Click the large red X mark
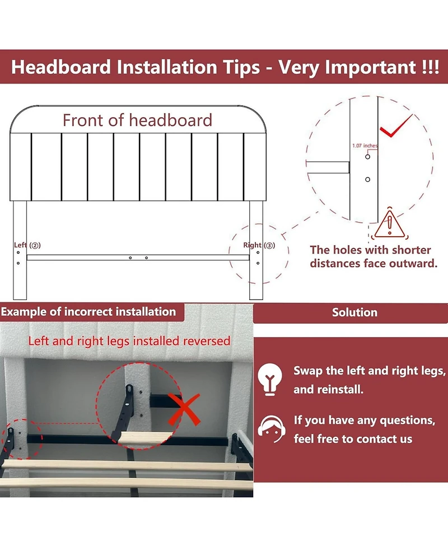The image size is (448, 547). coord(184,409)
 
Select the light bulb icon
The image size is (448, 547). coord(270,379)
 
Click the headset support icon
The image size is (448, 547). coord(271,429)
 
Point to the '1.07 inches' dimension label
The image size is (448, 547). coord(365,146)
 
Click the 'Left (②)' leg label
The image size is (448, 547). coord(27,245)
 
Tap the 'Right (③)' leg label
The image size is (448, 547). coord(259,245)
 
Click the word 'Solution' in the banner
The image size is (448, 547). coord(354,312)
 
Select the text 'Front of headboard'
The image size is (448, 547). coord(137,120)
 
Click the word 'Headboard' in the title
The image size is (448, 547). coord(61,67)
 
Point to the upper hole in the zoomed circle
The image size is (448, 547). coord(367,157)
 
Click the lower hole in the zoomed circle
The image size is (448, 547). coord(367,179)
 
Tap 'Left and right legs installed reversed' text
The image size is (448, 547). coord(129,341)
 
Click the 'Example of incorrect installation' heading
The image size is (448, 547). coord(88,311)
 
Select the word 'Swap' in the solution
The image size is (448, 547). coord(308,371)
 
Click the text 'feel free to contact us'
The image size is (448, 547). coord(353,438)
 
